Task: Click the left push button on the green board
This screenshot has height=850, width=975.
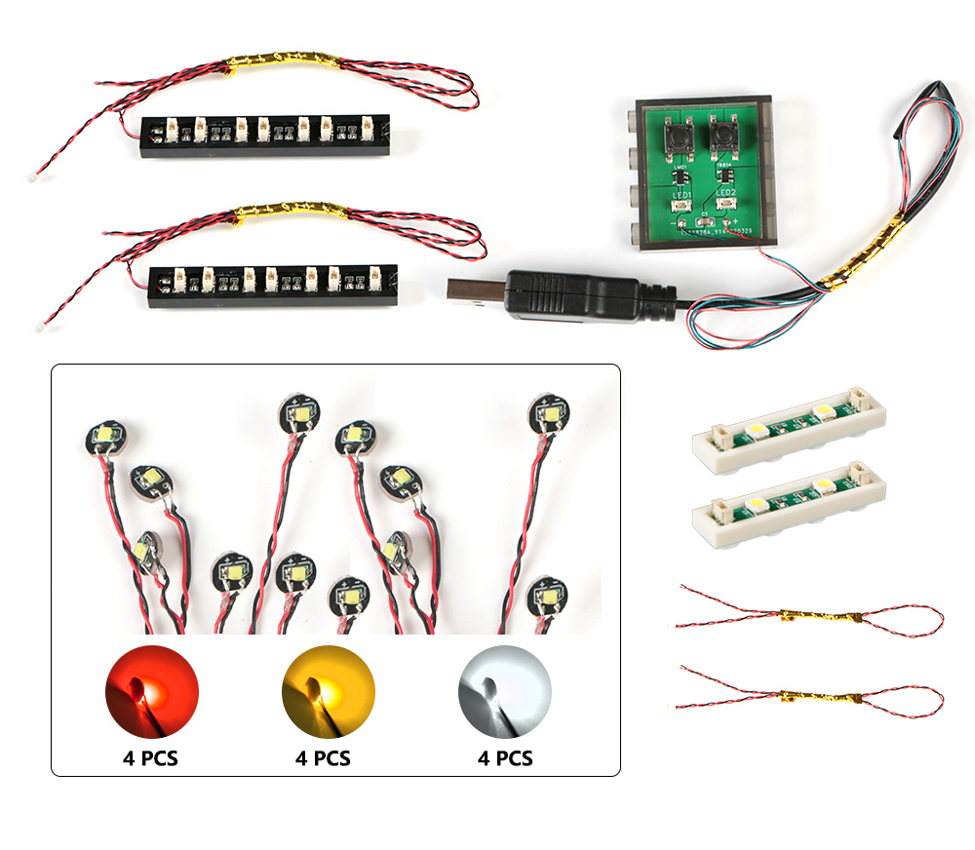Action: click(677, 135)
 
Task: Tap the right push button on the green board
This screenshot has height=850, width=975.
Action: click(723, 135)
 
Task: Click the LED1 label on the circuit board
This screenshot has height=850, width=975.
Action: click(681, 194)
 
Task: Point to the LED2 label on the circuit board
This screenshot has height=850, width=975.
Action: click(724, 194)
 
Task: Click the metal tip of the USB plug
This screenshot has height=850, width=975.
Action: click(475, 290)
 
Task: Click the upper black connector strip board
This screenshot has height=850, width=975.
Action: click(265, 127)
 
